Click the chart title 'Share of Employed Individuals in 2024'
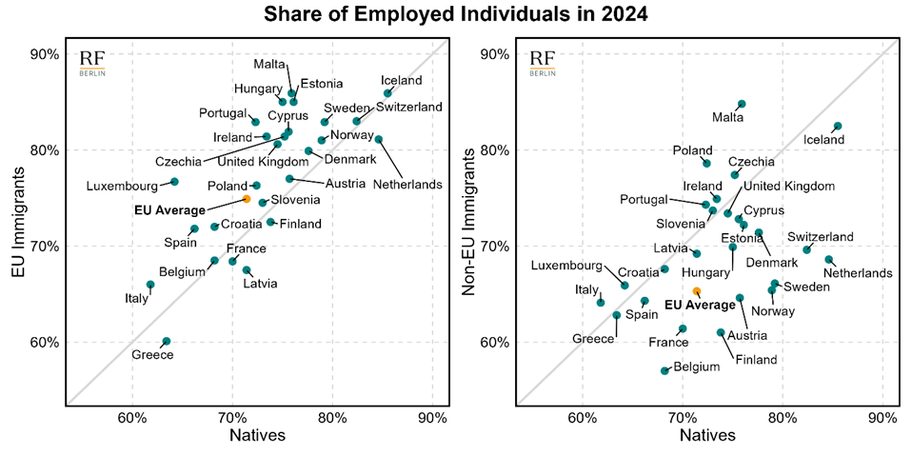[x=456, y=14]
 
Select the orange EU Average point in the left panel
[x=247, y=199]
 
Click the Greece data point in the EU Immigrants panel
[x=167, y=341]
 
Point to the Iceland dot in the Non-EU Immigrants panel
[x=838, y=126]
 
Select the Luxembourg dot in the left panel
[x=174, y=181]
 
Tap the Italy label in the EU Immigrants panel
[x=137, y=299]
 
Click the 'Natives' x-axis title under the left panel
[x=257, y=437]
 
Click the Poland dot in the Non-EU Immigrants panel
[x=706, y=163]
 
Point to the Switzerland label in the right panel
[x=821, y=236]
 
